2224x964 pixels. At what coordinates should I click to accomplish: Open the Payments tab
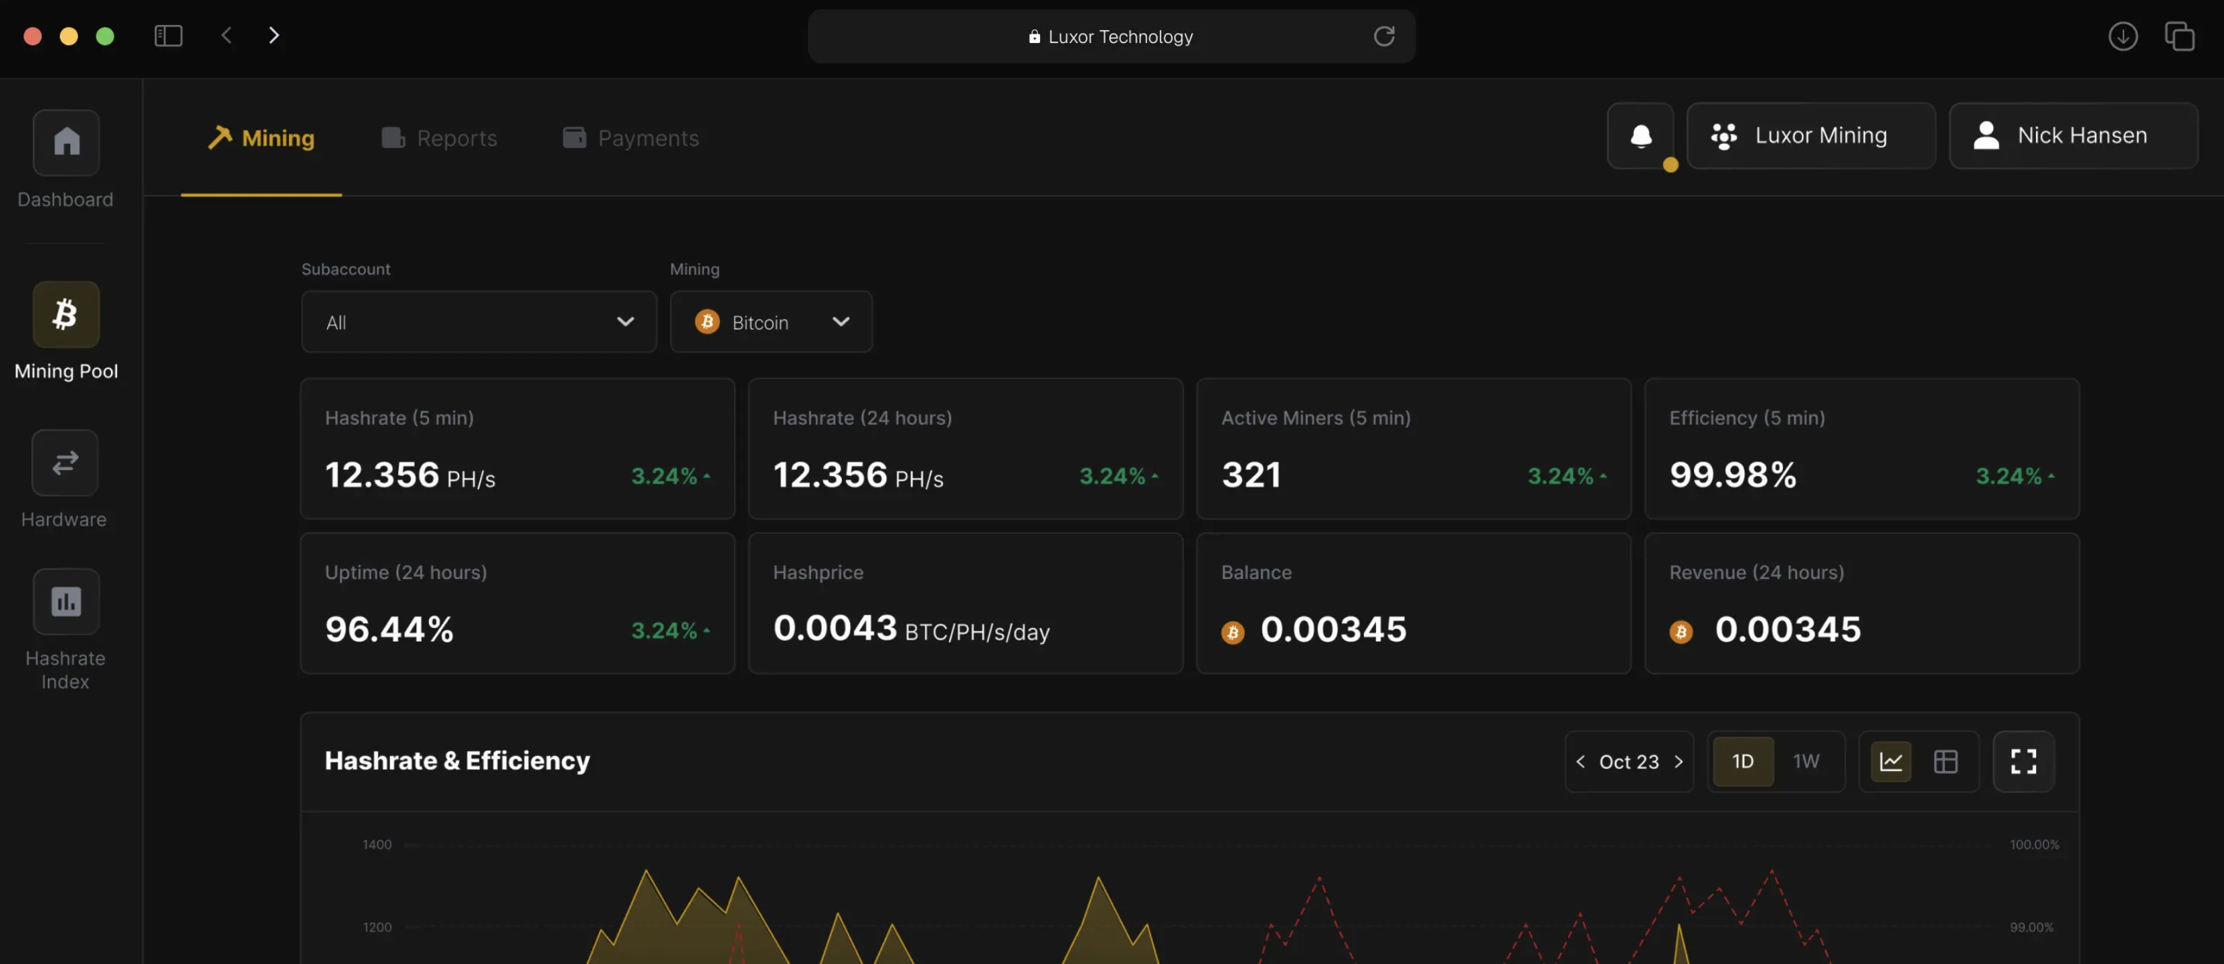[631, 138]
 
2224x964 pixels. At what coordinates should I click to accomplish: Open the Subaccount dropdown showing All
[478, 322]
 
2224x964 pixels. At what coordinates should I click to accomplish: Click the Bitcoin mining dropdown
[771, 322]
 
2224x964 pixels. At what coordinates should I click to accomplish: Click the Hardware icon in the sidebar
[65, 462]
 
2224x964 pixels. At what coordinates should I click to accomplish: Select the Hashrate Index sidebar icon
[65, 602]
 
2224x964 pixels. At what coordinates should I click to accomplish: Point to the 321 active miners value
[1251, 475]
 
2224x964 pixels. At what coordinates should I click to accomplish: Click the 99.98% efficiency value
[1733, 475]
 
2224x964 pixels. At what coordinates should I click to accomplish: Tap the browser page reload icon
[1384, 36]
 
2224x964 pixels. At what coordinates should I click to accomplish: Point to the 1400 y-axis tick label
[377, 845]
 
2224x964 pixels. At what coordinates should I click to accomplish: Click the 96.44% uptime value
[389, 629]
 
